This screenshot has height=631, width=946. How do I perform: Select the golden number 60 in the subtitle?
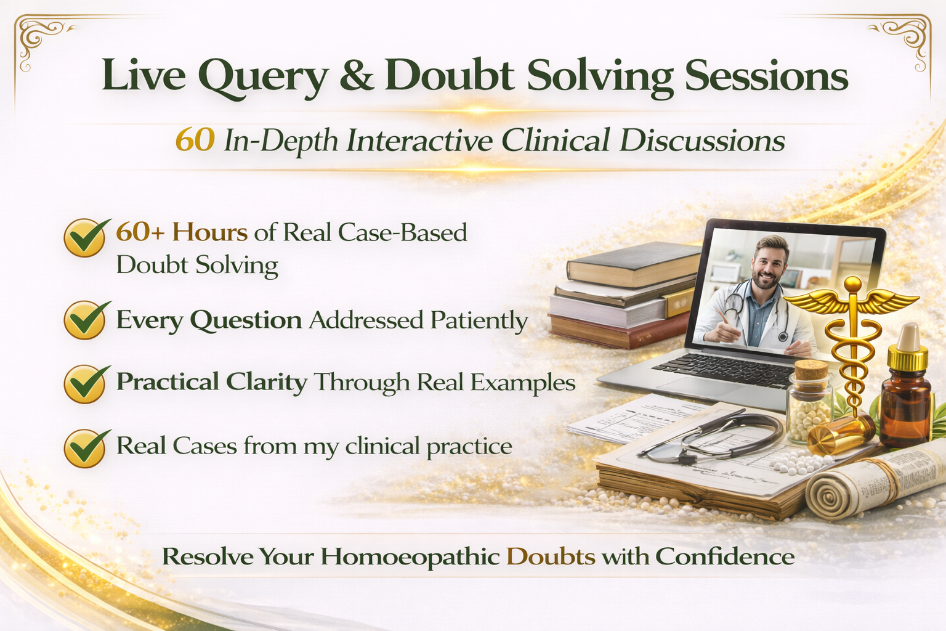pyautogui.click(x=195, y=140)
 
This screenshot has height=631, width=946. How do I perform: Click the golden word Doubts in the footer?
pyautogui.click(x=551, y=556)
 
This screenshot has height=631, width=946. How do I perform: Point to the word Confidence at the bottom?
pyautogui.click(x=725, y=556)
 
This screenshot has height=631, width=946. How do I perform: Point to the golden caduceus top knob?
pyautogui.click(x=852, y=285)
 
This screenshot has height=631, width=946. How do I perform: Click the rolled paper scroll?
pyautogui.click(x=862, y=487)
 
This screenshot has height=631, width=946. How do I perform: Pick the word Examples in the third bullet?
pyautogui.click(x=523, y=383)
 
